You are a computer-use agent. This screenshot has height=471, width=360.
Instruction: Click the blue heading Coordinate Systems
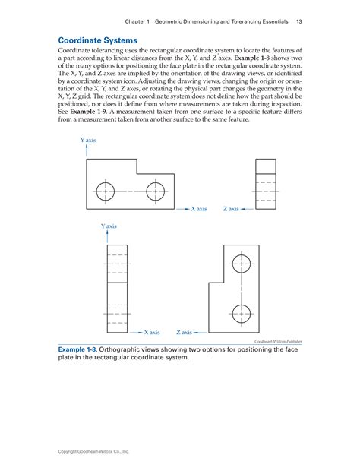(98, 40)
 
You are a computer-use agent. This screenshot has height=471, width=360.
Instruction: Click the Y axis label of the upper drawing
(87, 141)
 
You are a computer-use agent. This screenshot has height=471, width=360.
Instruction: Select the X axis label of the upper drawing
(198, 208)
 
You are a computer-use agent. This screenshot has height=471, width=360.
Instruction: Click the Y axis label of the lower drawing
(109, 226)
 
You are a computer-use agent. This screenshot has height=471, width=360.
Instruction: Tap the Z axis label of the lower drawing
(184, 332)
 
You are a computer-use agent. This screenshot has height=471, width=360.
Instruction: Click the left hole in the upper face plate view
(106, 191)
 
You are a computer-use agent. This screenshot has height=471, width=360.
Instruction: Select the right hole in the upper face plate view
(156, 191)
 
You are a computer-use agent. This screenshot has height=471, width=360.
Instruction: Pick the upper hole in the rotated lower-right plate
(241, 264)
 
